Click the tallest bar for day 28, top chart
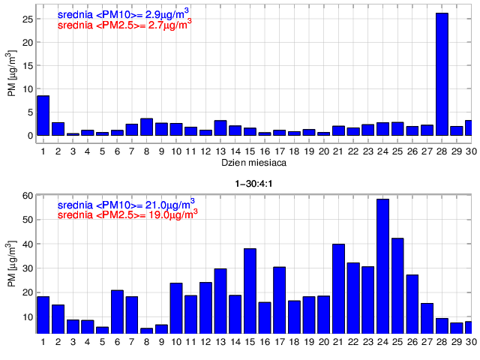click(442, 74)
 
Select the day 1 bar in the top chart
click(43, 115)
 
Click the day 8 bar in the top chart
click(147, 127)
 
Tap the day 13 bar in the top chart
click(220, 128)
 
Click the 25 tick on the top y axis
click(27, 19)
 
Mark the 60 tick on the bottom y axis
click(27, 196)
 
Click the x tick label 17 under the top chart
click(279, 150)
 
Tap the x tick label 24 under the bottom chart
click(382, 342)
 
